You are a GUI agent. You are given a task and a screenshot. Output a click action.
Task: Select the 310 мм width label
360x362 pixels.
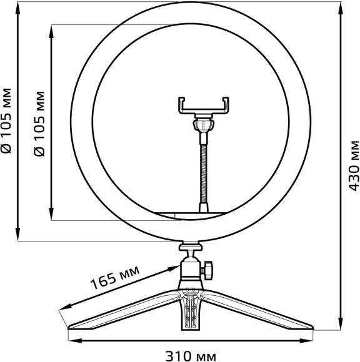[x=191, y=356]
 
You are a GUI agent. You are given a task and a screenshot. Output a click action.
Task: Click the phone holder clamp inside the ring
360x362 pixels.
[x=205, y=106]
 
